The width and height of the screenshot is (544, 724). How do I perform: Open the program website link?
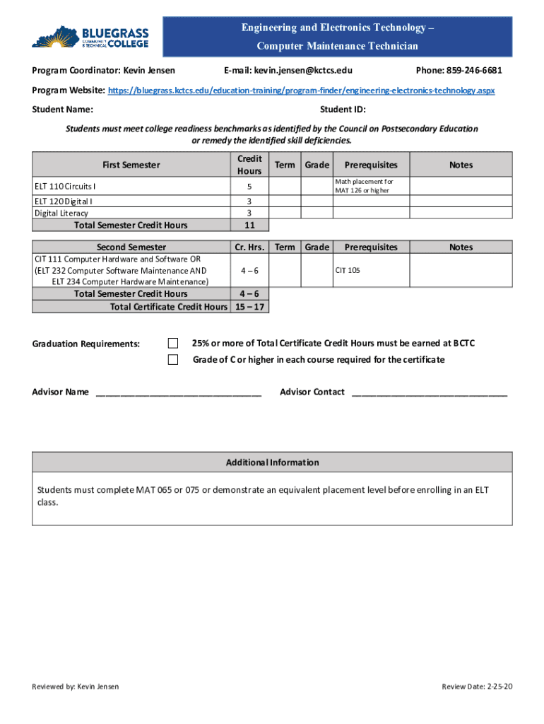[x=300, y=91]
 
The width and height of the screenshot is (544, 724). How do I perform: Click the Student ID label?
[x=343, y=110]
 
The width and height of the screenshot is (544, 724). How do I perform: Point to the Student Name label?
[x=62, y=110]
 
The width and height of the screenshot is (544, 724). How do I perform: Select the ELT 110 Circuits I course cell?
[x=66, y=187]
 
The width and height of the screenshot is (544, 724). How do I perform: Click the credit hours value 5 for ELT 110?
[x=249, y=187]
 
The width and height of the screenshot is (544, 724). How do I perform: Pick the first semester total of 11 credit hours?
[x=249, y=226]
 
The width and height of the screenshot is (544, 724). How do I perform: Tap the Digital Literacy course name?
[x=61, y=213]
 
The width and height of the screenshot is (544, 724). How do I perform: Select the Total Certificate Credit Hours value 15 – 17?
[x=249, y=307]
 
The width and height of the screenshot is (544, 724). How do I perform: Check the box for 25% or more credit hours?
[x=173, y=343]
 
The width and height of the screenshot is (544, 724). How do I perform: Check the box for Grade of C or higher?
[x=173, y=360]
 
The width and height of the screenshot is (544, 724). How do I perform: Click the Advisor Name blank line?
[x=178, y=392]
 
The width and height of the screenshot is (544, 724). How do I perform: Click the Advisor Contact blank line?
[x=429, y=392]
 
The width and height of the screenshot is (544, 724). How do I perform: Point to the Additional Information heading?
[x=272, y=462]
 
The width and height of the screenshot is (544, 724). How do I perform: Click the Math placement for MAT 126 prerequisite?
[x=364, y=187]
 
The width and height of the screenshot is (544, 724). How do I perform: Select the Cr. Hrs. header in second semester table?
[x=249, y=247]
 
